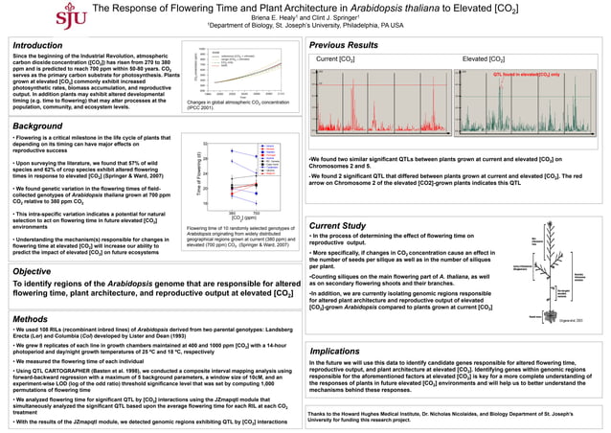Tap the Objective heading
coord(35,272)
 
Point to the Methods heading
coord(32,318)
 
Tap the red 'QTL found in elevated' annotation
coord(527,74)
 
